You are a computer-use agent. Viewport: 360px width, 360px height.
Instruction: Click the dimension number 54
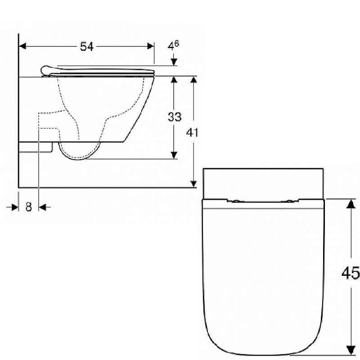click(x=87, y=47)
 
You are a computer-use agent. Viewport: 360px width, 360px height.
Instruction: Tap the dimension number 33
click(x=175, y=117)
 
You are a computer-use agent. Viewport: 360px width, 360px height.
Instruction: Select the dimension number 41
click(x=192, y=132)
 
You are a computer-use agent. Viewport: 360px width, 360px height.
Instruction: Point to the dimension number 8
click(x=28, y=207)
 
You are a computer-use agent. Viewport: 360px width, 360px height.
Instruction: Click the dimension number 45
click(x=351, y=274)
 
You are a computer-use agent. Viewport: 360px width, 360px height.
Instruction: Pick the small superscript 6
click(x=176, y=43)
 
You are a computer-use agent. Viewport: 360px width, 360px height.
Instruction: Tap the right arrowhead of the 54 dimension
click(x=150, y=46)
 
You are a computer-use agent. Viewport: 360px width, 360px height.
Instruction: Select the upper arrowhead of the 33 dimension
click(x=174, y=80)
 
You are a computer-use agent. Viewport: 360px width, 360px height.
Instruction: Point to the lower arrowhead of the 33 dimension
click(x=174, y=155)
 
